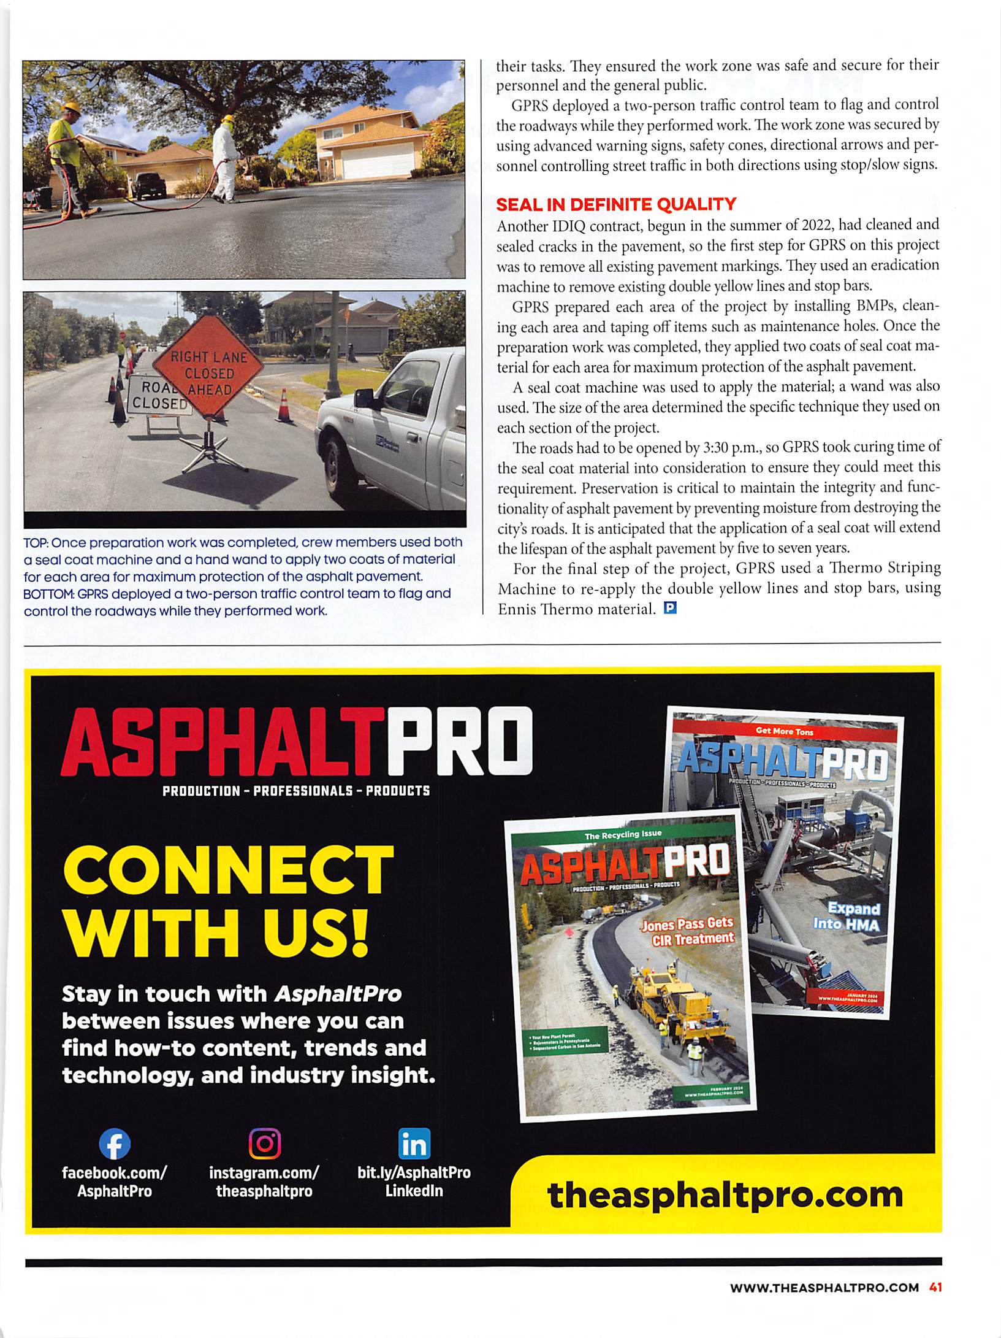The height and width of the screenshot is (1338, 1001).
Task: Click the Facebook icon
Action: pyautogui.click(x=115, y=1144)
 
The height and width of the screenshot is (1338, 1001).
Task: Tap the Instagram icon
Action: pyautogui.click(x=264, y=1144)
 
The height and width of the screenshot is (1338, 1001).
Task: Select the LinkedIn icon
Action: pyautogui.click(x=414, y=1144)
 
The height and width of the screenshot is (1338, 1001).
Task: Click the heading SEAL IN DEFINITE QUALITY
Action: pyautogui.click(x=615, y=204)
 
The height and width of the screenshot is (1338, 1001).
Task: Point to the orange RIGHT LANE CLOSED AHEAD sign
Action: pyautogui.click(x=209, y=373)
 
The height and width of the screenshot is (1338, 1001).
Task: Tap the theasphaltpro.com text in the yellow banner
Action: pyautogui.click(x=725, y=1194)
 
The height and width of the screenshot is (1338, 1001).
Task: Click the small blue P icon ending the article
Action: pyautogui.click(x=670, y=609)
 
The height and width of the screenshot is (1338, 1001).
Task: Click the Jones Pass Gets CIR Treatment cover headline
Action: pyautogui.click(x=687, y=932)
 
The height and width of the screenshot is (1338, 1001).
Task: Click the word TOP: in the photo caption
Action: pyautogui.click(x=36, y=543)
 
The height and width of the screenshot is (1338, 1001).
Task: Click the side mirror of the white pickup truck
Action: pyautogui.click(x=365, y=398)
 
